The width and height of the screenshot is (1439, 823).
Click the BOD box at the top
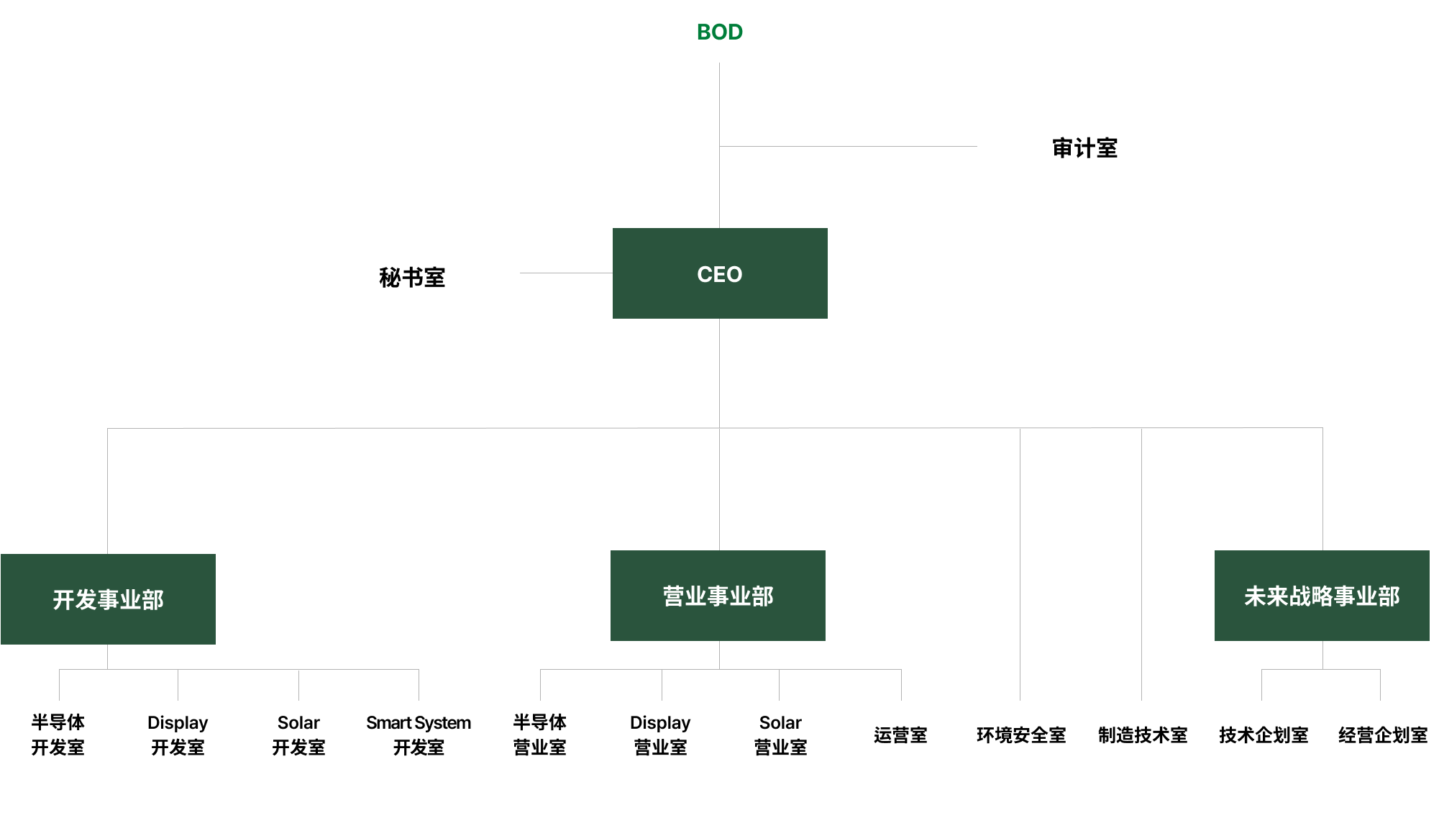click(720, 32)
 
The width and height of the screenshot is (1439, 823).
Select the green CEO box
click(720, 273)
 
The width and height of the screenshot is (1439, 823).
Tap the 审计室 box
click(1084, 147)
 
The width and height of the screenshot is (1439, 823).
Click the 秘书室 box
click(412, 277)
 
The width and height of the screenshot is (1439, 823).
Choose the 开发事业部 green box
click(108, 599)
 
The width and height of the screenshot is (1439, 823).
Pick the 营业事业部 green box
click(718, 596)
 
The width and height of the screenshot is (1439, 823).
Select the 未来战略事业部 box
click(1322, 596)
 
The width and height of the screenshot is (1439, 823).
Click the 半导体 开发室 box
click(58, 735)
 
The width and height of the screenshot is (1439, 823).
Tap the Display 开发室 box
click(178, 735)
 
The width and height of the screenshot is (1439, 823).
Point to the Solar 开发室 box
click(298, 735)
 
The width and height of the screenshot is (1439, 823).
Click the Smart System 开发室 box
click(419, 735)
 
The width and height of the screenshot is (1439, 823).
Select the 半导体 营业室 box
click(539, 735)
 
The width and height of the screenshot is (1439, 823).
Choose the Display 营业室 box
click(660, 735)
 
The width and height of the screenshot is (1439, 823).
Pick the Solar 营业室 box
click(780, 735)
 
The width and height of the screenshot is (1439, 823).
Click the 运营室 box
click(900, 735)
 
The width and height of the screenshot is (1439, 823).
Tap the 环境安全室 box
click(1021, 735)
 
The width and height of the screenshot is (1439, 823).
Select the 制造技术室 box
click(1143, 735)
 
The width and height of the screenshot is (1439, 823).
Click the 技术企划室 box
click(1264, 735)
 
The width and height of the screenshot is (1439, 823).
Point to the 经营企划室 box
click(1382, 735)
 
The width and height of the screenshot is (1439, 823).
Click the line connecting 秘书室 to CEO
click(566, 273)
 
